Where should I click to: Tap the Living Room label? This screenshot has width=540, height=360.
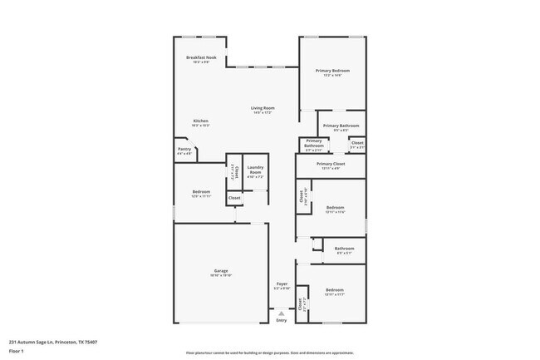click(263, 107)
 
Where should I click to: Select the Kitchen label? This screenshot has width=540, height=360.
click(201, 121)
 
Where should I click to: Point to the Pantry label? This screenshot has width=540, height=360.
click(184, 149)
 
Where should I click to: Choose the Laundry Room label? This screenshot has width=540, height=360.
click(256, 170)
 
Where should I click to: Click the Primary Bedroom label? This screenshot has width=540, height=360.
click(332, 71)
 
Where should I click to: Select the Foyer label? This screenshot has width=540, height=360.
click(282, 284)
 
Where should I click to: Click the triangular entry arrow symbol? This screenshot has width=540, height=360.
click(282, 313)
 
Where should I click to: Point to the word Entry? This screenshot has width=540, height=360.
click(282, 320)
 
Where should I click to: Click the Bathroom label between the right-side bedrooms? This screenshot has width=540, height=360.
click(344, 248)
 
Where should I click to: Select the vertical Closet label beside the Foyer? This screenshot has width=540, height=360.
click(303, 303)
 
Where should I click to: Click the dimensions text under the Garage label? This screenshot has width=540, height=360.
click(221, 276)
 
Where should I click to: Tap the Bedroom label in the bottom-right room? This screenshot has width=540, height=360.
click(336, 288)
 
